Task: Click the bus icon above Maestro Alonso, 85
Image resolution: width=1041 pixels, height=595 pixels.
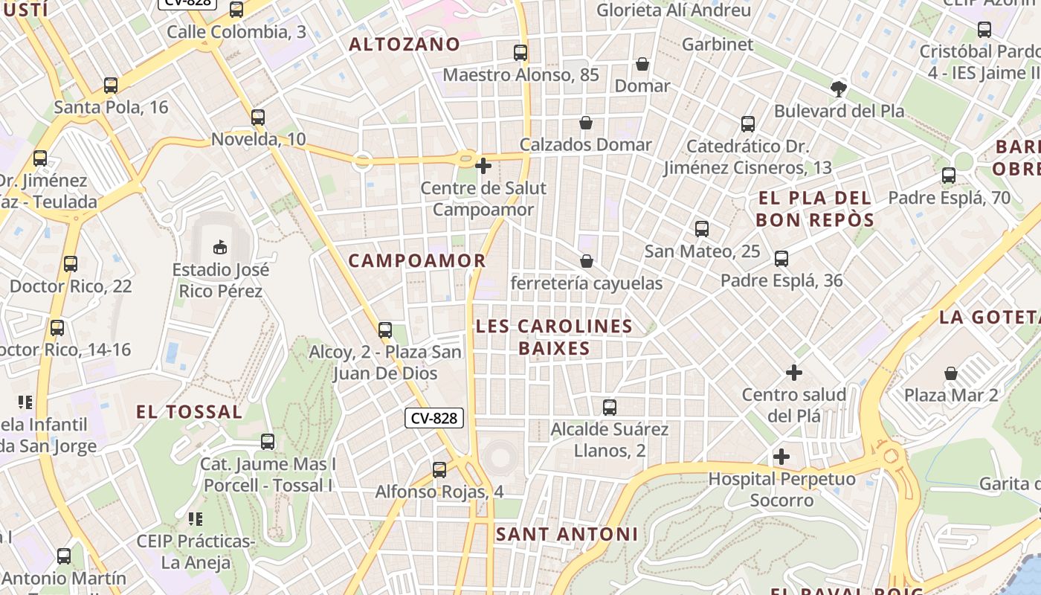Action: [x=520, y=53]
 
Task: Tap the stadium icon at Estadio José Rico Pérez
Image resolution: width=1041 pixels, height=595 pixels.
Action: [x=220, y=246]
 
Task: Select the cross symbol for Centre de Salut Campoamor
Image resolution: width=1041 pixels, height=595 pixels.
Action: [x=483, y=166]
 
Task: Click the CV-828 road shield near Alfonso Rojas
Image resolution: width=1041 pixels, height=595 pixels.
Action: [x=434, y=418]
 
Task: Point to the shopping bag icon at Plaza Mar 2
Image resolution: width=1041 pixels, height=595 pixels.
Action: [x=951, y=373]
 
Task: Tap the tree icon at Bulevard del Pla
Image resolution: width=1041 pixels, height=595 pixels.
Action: [x=839, y=89]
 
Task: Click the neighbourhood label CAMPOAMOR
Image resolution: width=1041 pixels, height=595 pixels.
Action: [x=416, y=261]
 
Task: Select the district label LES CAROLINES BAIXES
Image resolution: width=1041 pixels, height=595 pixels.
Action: [x=554, y=337]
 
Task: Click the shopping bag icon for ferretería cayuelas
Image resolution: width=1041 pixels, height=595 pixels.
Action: [x=587, y=261]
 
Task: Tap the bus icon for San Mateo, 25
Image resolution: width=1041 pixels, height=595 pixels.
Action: [x=702, y=229]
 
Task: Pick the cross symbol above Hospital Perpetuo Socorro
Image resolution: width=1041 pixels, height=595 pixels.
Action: [x=781, y=456]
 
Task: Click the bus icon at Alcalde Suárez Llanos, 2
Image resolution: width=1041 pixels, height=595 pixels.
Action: [x=610, y=408]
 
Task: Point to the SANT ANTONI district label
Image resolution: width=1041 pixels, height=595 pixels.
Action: [x=567, y=534]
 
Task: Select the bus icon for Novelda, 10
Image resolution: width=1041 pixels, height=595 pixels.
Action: [x=258, y=118]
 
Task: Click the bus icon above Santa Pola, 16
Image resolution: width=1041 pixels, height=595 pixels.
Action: [x=111, y=86]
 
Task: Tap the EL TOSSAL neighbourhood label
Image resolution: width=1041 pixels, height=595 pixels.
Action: [x=189, y=412]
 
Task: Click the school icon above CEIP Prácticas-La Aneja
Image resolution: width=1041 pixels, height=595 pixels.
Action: [x=195, y=518]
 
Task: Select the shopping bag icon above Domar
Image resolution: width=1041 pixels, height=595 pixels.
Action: [x=642, y=65]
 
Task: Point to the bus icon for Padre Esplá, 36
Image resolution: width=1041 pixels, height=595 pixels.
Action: [x=781, y=259]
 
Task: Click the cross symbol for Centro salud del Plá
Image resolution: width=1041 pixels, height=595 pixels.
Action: [x=794, y=372]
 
